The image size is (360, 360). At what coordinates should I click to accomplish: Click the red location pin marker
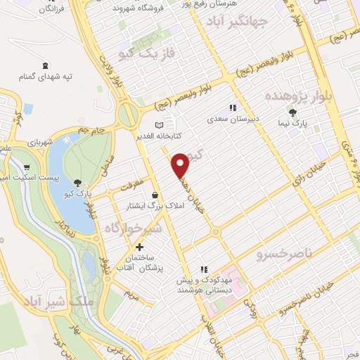pos(181,163)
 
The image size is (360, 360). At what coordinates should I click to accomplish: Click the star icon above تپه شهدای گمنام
pos(46,64)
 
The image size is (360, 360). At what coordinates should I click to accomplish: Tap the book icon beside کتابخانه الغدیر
pos(148,123)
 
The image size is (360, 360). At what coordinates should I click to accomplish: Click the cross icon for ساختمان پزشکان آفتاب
pos(139,247)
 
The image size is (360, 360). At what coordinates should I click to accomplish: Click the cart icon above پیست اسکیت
pos(27,167)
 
